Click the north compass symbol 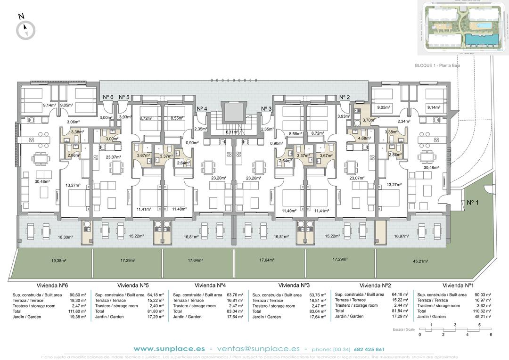25,30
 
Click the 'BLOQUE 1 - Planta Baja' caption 437,66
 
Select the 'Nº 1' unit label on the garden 472,203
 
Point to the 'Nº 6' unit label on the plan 108,98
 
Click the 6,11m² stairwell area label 232,132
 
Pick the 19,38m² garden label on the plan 58,260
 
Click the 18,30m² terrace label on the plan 65,237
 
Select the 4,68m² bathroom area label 364,139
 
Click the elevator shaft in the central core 232,113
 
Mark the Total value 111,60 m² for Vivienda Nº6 77,311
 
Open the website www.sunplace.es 169,349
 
